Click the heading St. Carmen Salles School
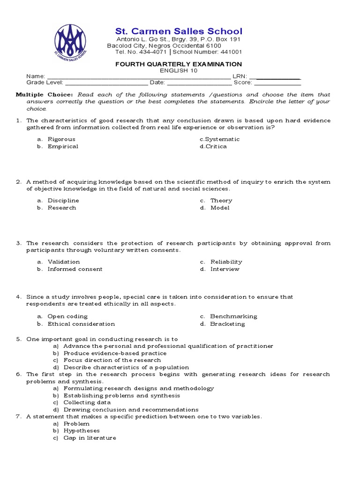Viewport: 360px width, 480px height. [x=179, y=31]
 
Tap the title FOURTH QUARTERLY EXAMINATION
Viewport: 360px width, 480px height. [x=179, y=64]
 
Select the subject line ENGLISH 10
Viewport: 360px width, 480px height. [x=179, y=71]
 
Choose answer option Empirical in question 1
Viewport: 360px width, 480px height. [x=63, y=146]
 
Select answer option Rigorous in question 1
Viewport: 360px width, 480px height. [x=61, y=139]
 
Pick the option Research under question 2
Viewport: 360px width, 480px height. [x=61, y=208]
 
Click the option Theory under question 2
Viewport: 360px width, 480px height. [x=221, y=201]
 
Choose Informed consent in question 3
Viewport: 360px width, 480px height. [x=75, y=269]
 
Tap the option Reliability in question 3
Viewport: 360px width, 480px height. [x=226, y=262]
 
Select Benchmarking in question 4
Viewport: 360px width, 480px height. [x=233, y=316]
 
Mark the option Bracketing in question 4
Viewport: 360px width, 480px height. [x=227, y=324]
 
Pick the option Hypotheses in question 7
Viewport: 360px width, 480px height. [x=82, y=430]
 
